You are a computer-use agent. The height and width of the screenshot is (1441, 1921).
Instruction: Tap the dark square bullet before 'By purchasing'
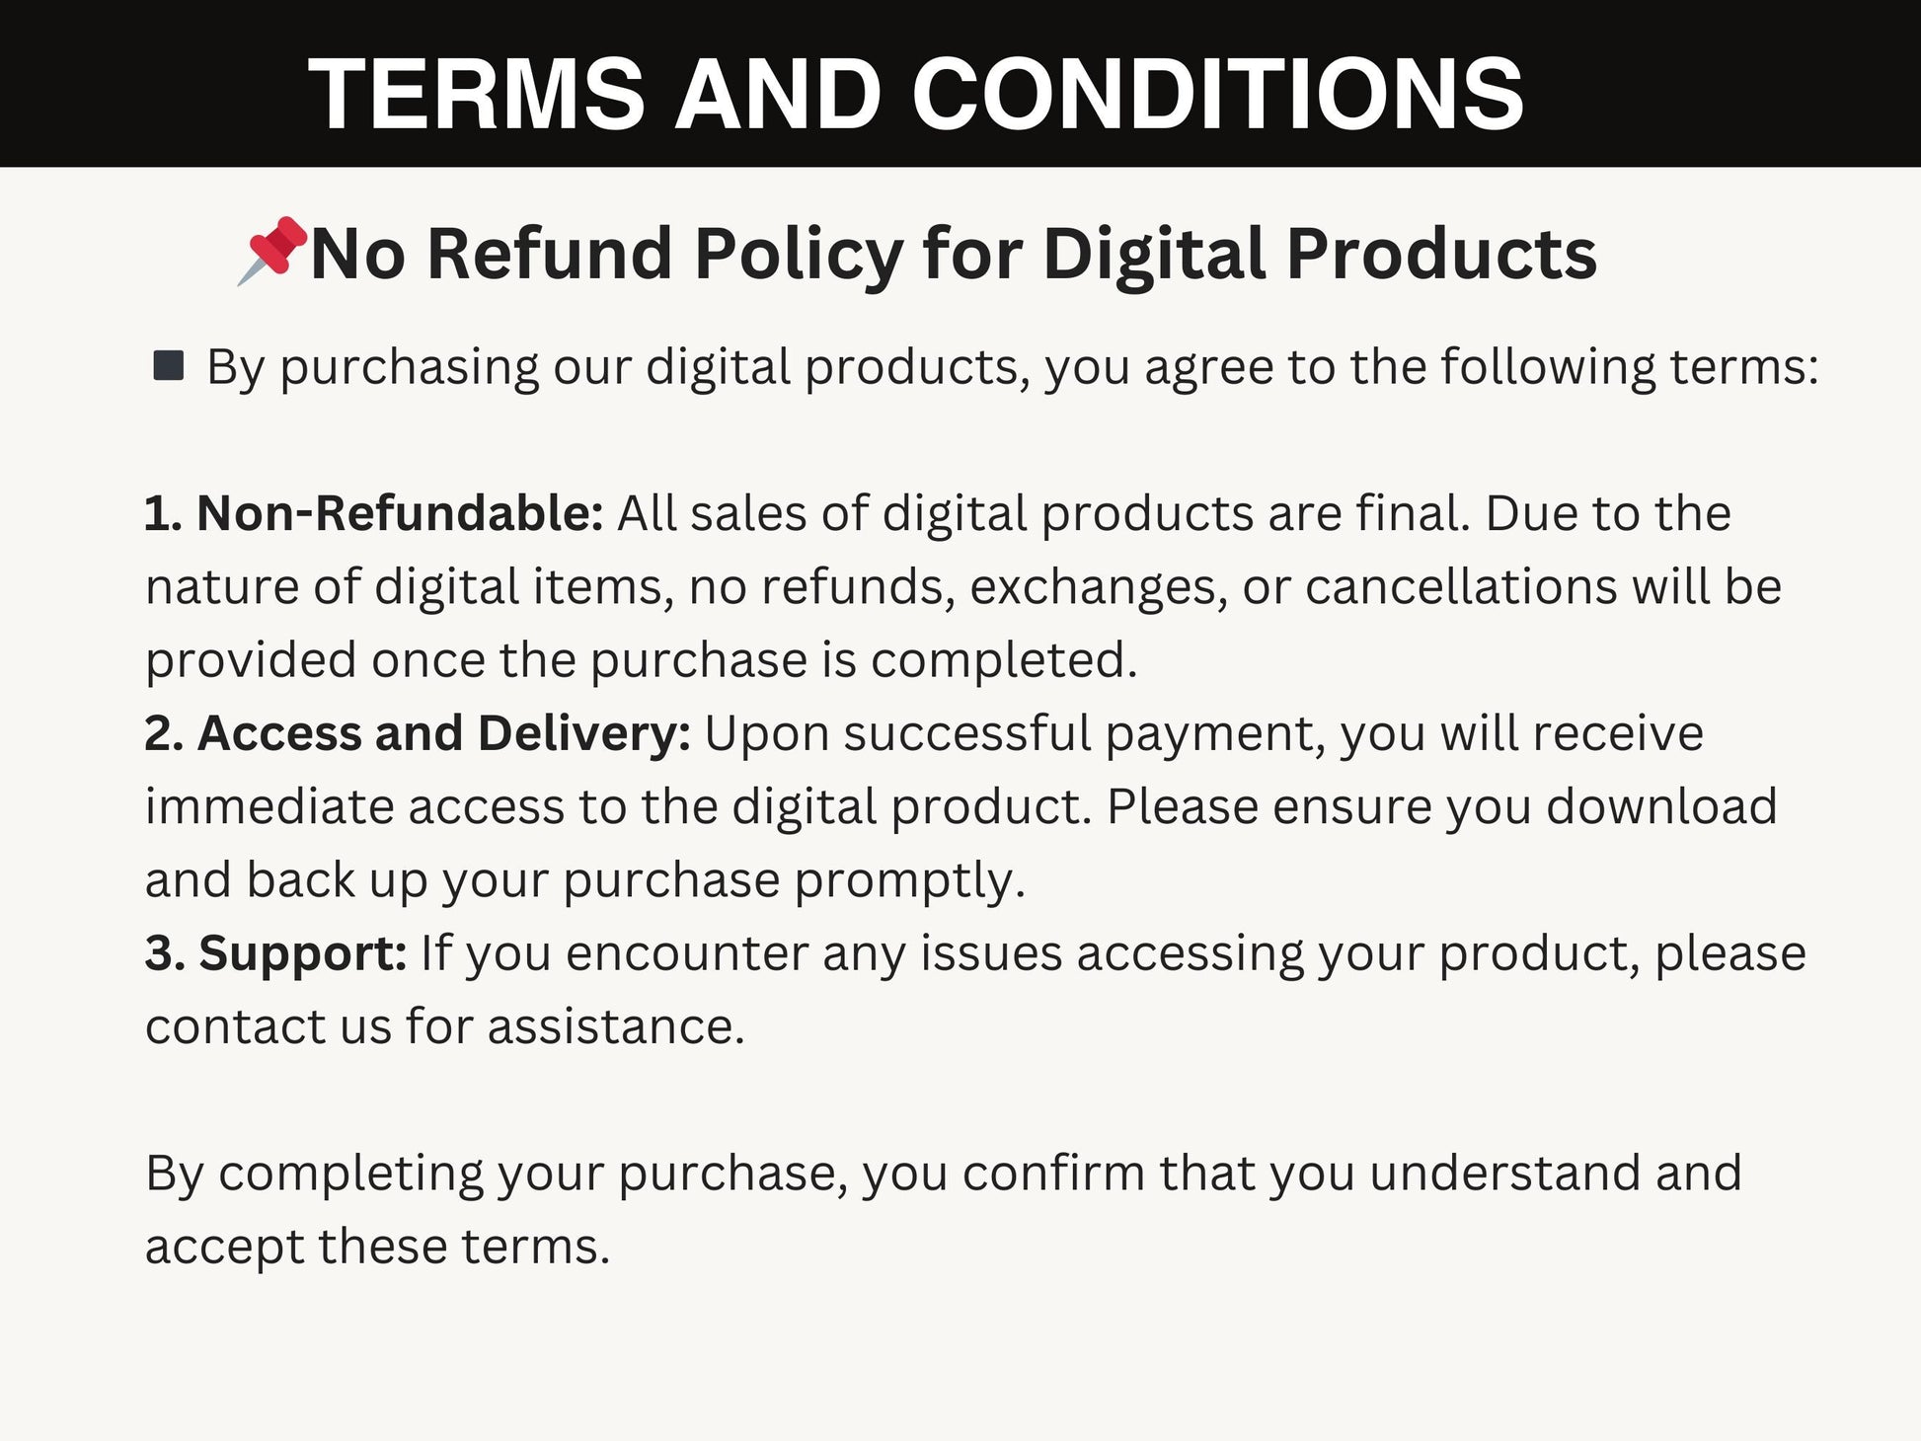(x=169, y=365)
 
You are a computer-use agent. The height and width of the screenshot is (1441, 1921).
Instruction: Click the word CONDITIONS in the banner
(x=1217, y=94)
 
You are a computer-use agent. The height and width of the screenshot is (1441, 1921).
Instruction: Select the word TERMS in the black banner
(x=477, y=94)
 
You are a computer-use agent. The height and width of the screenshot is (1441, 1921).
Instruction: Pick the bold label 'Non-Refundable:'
(x=374, y=513)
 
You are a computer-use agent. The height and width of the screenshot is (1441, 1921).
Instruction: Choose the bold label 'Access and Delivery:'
(x=418, y=733)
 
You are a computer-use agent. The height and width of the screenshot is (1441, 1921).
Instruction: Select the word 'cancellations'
(x=1461, y=586)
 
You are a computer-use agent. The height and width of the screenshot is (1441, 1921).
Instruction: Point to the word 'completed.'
(x=1004, y=661)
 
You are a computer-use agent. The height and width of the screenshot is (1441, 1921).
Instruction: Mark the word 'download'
(x=1661, y=806)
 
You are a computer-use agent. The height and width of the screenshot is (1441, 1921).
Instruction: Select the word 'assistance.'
(x=616, y=1026)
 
